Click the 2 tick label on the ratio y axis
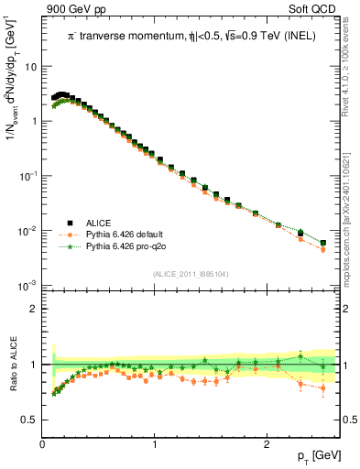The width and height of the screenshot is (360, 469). point(33,309)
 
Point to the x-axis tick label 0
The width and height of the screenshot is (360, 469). point(43,444)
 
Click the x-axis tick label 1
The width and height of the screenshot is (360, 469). point(155,444)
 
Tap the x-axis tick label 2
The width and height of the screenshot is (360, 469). point(267,444)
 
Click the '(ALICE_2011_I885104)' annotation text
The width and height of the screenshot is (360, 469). point(191,274)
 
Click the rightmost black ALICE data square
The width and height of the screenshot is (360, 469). point(322,243)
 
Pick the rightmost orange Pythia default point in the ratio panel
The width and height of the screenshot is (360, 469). point(322,387)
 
